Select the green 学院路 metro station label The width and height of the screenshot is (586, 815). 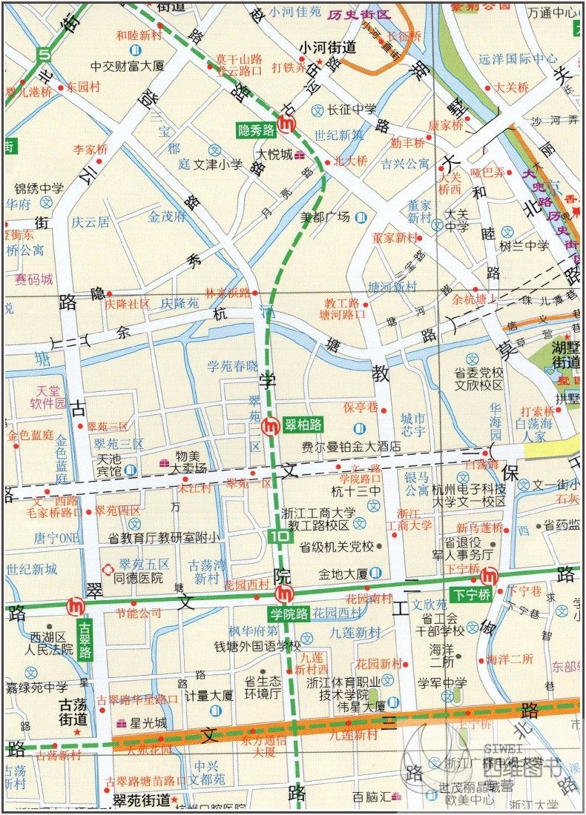pyautogui.click(x=289, y=613)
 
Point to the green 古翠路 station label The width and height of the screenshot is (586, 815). pyautogui.click(x=85, y=641)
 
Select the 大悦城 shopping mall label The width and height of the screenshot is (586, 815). pyautogui.click(x=271, y=155)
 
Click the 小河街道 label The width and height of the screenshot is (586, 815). pyautogui.click(x=327, y=47)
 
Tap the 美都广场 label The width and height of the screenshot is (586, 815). pyautogui.click(x=325, y=217)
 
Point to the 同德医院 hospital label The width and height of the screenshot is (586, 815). pyautogui.click(x=139, y=576)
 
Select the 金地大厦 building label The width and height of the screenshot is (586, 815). pyautogui.click(x=343, y=573)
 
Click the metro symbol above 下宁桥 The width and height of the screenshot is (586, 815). pyautogui.click(x=488, y=576)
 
